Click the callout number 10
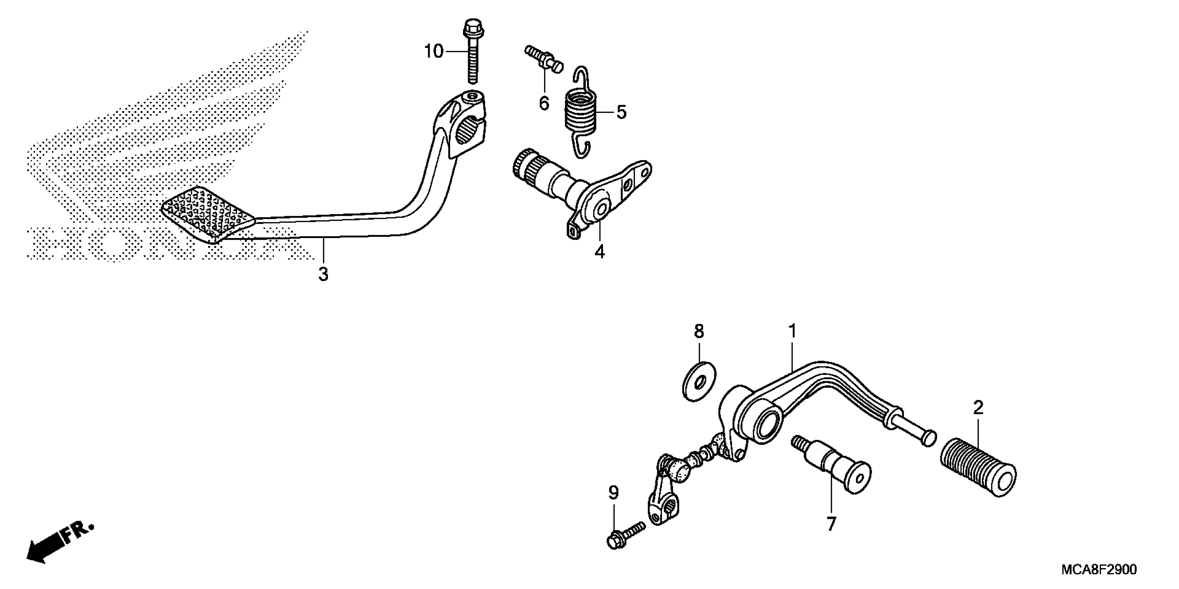433,52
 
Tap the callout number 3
323,274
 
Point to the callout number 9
613,493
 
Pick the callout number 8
699,332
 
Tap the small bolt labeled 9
625,535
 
